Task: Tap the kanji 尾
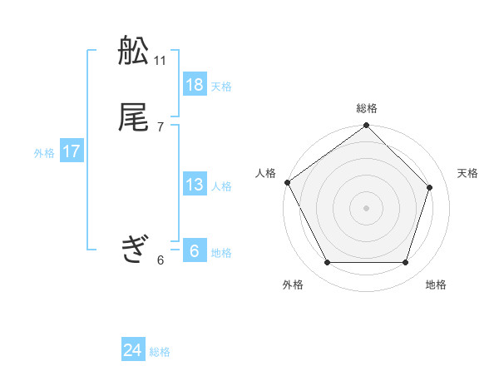pyautogui.click(x=134, y=117)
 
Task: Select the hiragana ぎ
pyautogui.click(x=134, y=248)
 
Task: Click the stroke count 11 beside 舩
pyautogui.click(x=161, y=61)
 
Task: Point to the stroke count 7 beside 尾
pyautogui.click(x=161, y=126)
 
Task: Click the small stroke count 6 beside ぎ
pyautogui.click(x=161, y=260)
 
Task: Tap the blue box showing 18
pyautogui.click(x=195, y=85)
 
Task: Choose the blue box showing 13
pyautogui.click(x=195, y=185)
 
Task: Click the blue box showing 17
pyautogui.click(x=72, y=151)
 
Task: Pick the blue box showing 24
pyautogui.click(x=133, y=350)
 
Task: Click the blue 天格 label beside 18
pyautogui.click(x=221, y=87)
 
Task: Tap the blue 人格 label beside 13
pyautogui.click(x=221, y=186)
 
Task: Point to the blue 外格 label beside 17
pyautogui.click(x=44, y=153)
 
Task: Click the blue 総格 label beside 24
pyautogui.click(x=160, y=352)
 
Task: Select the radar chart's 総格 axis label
pyautogui.click(x=367, y=108)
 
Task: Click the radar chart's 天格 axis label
pyautogui.click(x=467, y=173)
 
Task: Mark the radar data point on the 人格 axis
pyautogui.click(x=288, y=182)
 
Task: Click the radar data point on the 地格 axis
pyautogui.click(x=405, y=263)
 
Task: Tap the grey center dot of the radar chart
pyautogui.click(x=367, y=207)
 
